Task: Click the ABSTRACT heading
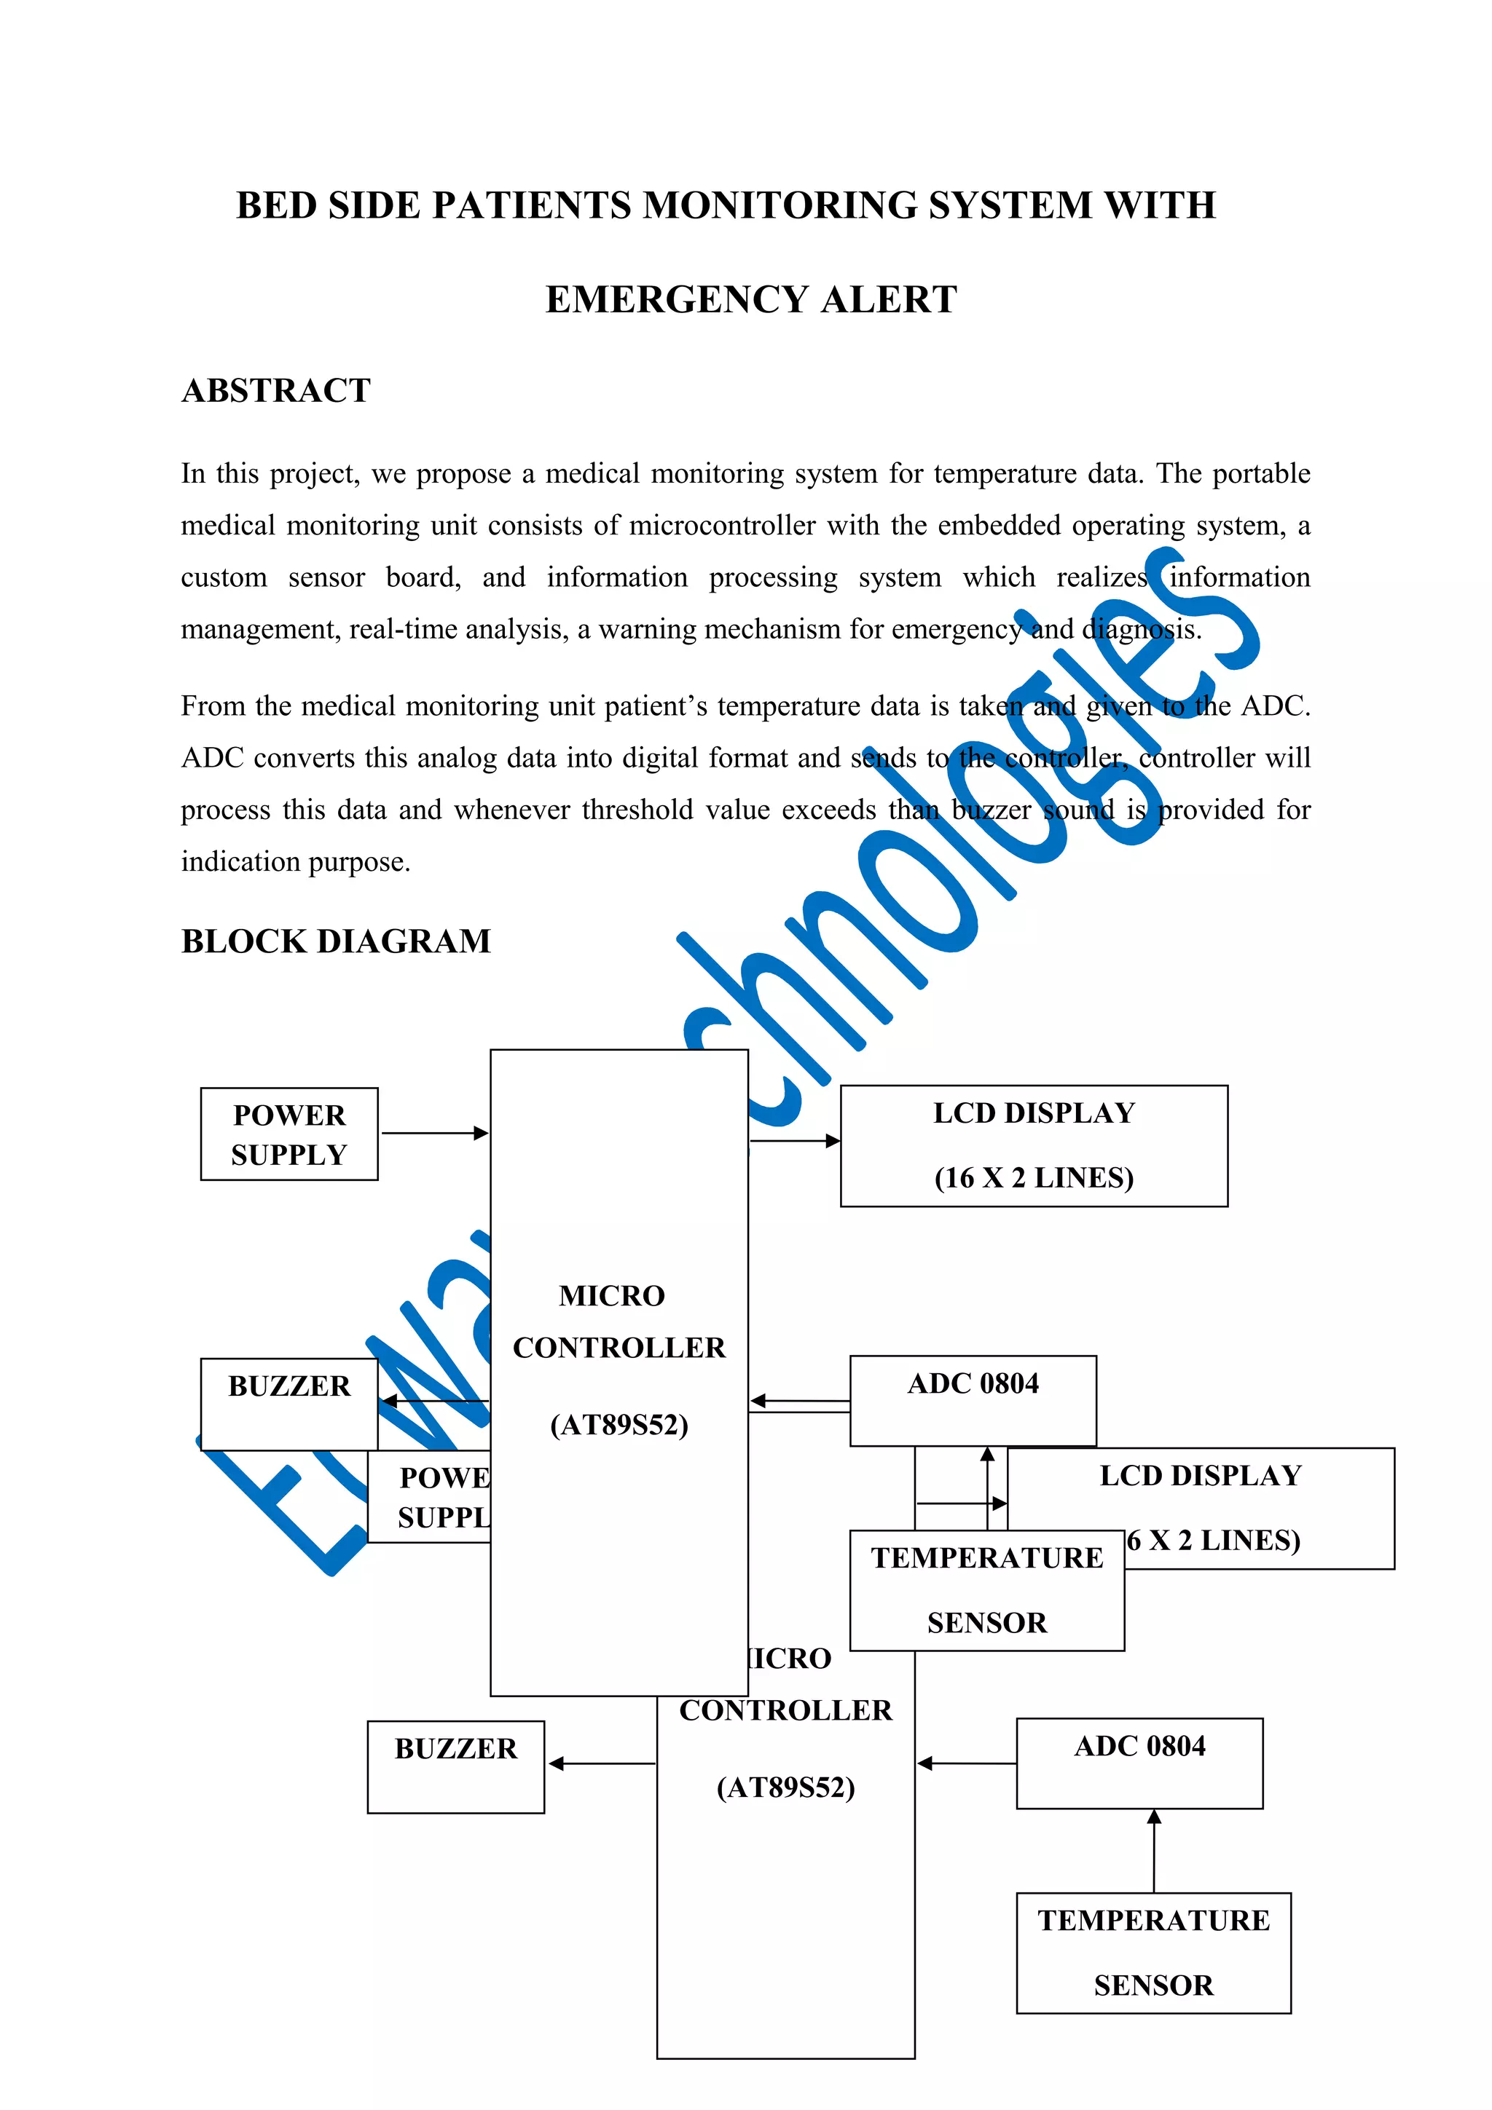(x=276, y=390)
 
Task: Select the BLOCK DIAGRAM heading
(x=336, y=941)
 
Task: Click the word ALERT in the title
(x=888, y=299)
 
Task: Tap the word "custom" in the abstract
(x=224, y=577)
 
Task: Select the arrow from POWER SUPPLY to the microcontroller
(x=434, y=1133)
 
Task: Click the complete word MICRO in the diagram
(x=611, y=1296)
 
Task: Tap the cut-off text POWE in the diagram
(x=445, y=1478)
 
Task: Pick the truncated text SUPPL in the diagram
(x=444, y=1517)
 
